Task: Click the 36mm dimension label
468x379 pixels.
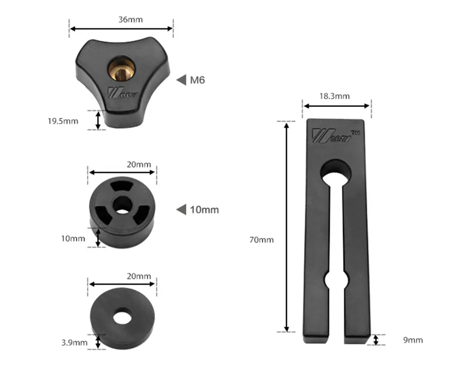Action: click(131, 20)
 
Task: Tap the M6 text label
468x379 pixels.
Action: click(197, 80)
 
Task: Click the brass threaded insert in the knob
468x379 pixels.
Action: click(121, 69)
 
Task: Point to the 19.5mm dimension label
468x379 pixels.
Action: click(63, 121)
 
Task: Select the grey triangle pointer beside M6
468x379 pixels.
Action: click(181, 80)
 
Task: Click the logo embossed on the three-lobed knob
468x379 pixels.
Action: click(122, 92)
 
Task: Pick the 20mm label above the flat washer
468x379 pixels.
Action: click(139, 277)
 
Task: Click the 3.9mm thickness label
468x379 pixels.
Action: click(74, 343)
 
